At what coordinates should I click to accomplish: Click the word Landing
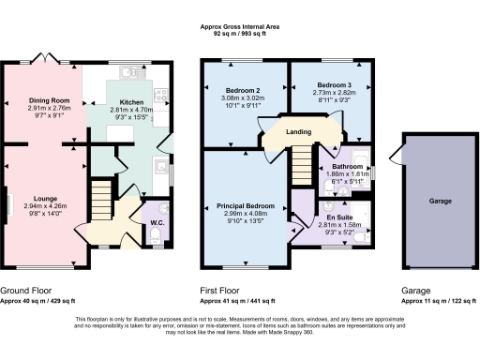(299, 131)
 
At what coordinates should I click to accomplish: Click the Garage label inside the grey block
(442, 201)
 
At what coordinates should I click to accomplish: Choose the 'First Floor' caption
(223, 292)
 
